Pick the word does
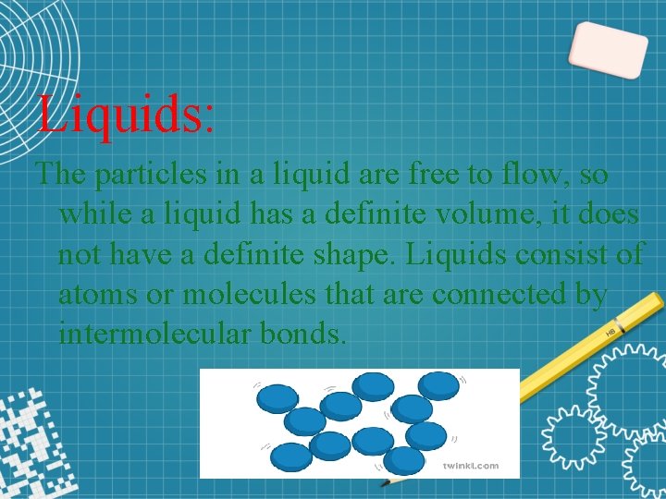(x=605, y=213)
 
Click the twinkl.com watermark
(x=470, y=466)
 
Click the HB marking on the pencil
(x=610, y=330)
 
